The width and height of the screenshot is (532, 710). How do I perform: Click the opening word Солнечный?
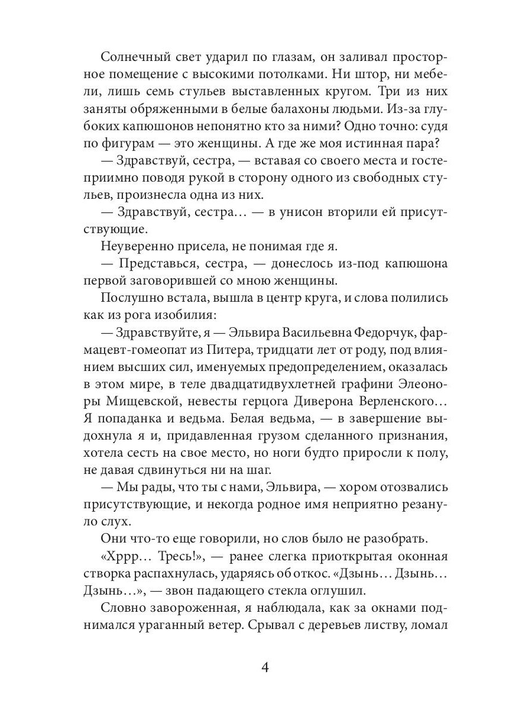[x=132, y=57]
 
